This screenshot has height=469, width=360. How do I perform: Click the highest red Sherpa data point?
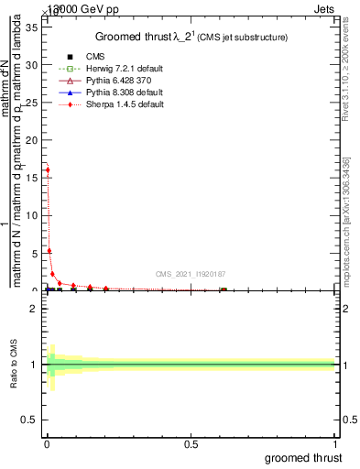click(x=48, y=169)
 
